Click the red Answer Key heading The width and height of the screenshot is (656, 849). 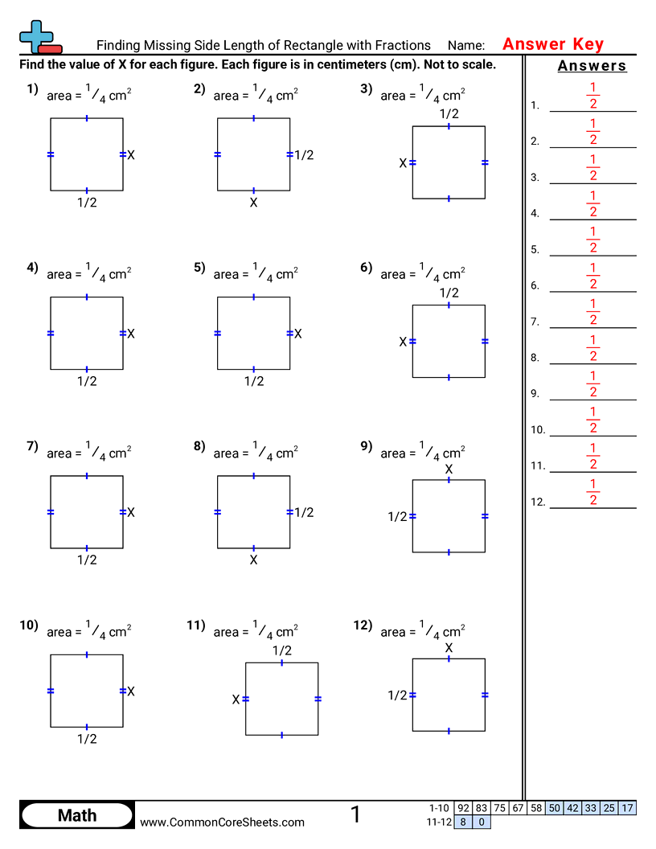pyautogui.click(x=553, y=44)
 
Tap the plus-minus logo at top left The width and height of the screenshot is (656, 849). pyautogui.click(x=38, y=37)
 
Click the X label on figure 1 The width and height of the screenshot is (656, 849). pyautogui.click(x=131, y=154)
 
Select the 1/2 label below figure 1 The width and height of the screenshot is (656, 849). pyautogui.click(x=87, y=203)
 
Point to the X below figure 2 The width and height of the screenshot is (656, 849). pyautogui.click(x=253, y=203)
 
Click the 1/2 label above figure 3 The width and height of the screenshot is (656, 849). pyautogui.click(x=449, y=114)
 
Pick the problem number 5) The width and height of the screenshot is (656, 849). pyautogui.click(x=199, y=269)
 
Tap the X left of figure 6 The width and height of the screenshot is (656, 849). pyautogui.click(x=404, y=342)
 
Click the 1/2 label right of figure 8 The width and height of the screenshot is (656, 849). pyautogui.click(x=304, y=512)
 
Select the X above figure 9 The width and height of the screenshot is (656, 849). pyautogui.click(x=449, y=469)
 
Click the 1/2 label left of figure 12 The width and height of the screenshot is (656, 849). pyautogui.click(x=398, y=695)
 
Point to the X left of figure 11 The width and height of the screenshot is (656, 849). pyautogui.click(x=236, y=699)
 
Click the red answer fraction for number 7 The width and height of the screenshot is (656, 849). pyautogui.click(x=592, y=313)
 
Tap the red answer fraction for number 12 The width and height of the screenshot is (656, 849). pyautogui.click(x=592, y=493)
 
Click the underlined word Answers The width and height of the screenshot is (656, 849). pyautogui.click(x=592, y=66)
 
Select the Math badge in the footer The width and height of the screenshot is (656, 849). pyautogui.click(x=77, y=815)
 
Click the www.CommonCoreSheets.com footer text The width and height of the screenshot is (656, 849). pyautogui.click(x=222, y=822)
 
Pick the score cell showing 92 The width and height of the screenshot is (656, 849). pyautogui.click(x=463, y=808)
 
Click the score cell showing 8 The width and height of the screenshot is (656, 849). pyautogui.click(x=463, y=822)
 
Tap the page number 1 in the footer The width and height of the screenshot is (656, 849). pyautogui.click(x=355, y=815)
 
